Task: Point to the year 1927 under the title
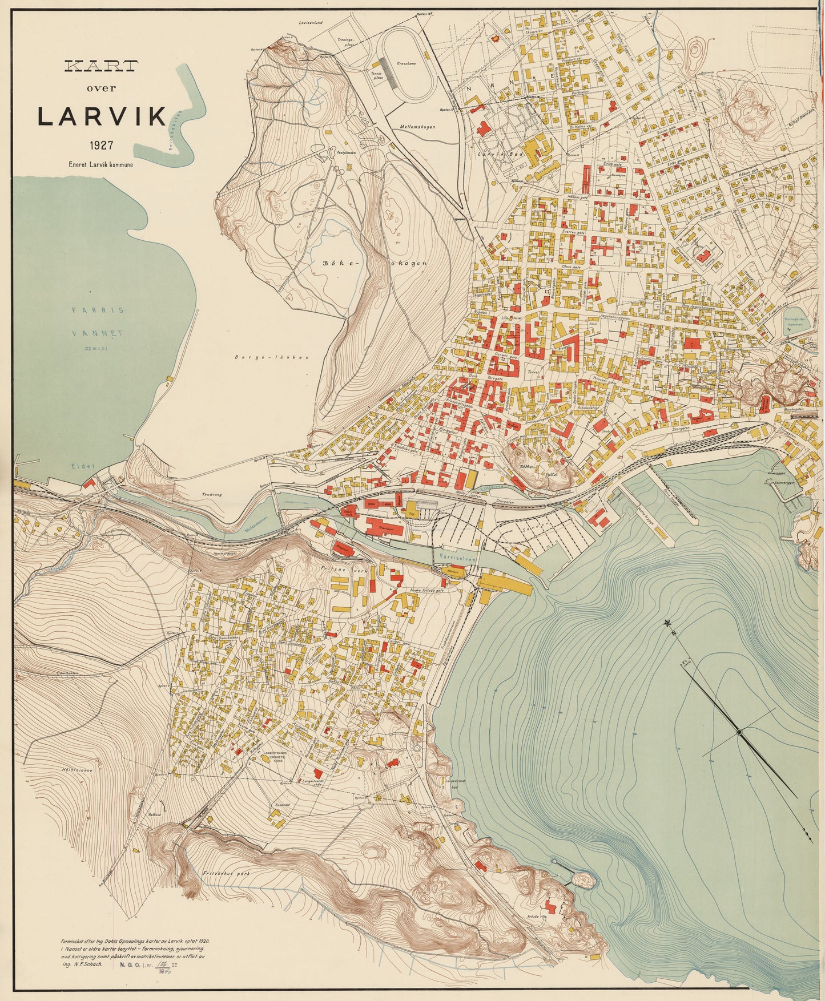click(100, 146)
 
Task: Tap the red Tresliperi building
click(384, 527)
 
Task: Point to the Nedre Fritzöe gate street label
click(427, 591)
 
